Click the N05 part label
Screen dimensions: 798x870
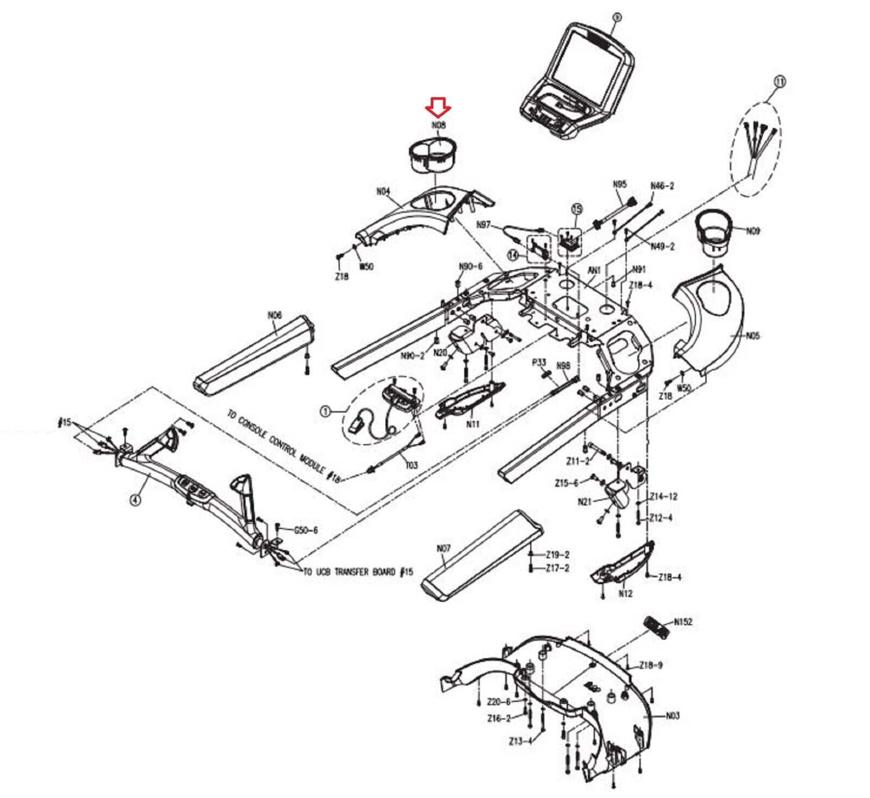tap(753, 336)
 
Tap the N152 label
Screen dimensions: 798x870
tap(683, 622)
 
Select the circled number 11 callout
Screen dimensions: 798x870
tap(780, 82)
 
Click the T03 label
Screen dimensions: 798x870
tap(412, 465)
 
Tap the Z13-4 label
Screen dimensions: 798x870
tap(519, 741)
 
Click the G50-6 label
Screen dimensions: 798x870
tap(306, 531)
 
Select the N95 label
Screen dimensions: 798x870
tap(620, 184)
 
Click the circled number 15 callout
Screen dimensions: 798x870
tap(577, 208)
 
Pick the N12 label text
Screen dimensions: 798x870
tap(625, 594)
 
